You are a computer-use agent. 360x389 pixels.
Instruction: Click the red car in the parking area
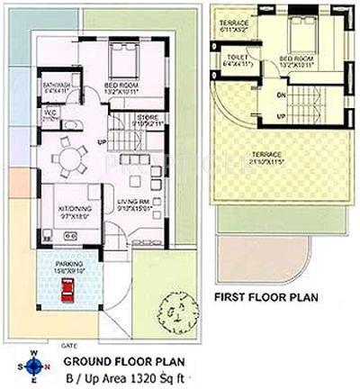67,291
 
